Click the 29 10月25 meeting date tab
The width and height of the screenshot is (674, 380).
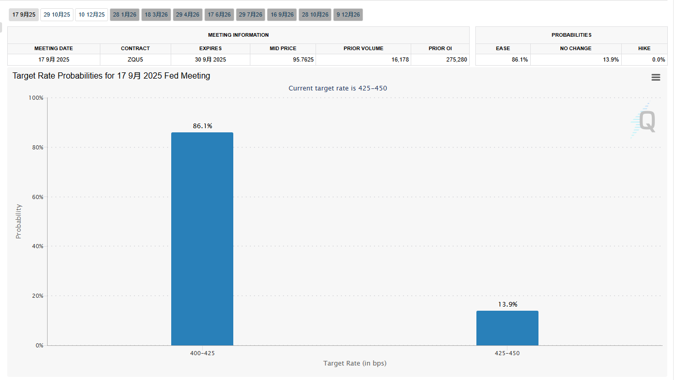pos(57,14)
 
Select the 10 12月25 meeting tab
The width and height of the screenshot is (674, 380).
pos(92,14)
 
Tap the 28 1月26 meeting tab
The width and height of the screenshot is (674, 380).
pos(125,14)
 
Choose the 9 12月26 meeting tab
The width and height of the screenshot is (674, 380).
pos(348,14)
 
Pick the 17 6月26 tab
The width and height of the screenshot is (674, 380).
pos(219,14)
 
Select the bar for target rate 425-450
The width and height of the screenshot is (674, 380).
pos(507,328)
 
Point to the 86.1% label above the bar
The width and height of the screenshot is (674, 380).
pos(202,126)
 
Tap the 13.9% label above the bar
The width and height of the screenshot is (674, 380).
pos(507,304)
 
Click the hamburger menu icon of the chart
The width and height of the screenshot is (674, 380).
pos(655,77)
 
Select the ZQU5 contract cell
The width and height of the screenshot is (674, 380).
pos(135,59)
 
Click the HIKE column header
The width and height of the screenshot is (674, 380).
pos(644,48)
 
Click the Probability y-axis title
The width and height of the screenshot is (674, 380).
pos(19,221)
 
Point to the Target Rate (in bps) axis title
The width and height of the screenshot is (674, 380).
pos(355,363)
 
